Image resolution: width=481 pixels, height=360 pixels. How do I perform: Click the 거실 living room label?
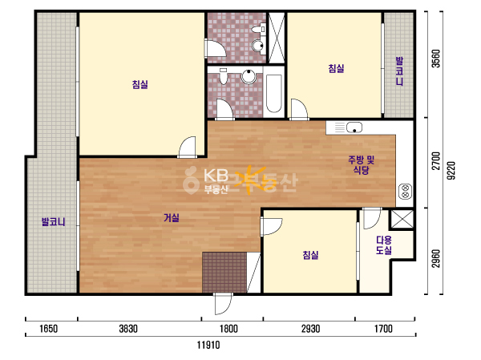[x=172, y=218]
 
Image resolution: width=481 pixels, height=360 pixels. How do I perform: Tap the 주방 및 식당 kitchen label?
[x=361, y=165]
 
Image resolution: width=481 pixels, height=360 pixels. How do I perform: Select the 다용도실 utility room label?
[x=384, y=245]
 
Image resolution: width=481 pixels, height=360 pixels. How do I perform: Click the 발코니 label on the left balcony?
[x=54, y=221]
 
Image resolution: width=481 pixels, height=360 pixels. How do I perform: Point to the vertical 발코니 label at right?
[x=399, y=71]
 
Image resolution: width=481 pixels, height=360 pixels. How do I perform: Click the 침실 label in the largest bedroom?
[x=139, y=84]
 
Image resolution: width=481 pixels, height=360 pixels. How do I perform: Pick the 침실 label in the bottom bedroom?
[x=310, y=255]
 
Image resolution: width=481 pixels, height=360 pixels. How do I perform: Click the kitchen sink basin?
[x=354, y=127]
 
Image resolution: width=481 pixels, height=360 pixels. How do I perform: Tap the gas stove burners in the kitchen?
[x=405, y=191]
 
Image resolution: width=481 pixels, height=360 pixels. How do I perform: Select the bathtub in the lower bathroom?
[x=274, y=93]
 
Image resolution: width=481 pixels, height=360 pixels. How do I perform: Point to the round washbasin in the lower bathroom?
[x=249, y=77]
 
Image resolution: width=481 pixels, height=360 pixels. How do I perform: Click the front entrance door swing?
[x=223, y=304]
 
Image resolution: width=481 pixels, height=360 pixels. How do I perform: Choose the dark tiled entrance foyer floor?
[x=224, y=273]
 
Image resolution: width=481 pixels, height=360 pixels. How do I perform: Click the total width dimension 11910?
[x=208, y=345]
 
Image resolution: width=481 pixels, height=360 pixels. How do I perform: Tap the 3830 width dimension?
[x=128, y=329]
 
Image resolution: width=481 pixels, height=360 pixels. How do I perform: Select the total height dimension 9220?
[x=451, y=171]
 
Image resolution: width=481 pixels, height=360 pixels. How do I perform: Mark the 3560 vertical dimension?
[x=435, y=59]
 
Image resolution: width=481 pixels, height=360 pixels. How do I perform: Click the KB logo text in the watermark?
[x=216, y=176]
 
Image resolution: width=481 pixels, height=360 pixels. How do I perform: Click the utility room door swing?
[x=371, y=219]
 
